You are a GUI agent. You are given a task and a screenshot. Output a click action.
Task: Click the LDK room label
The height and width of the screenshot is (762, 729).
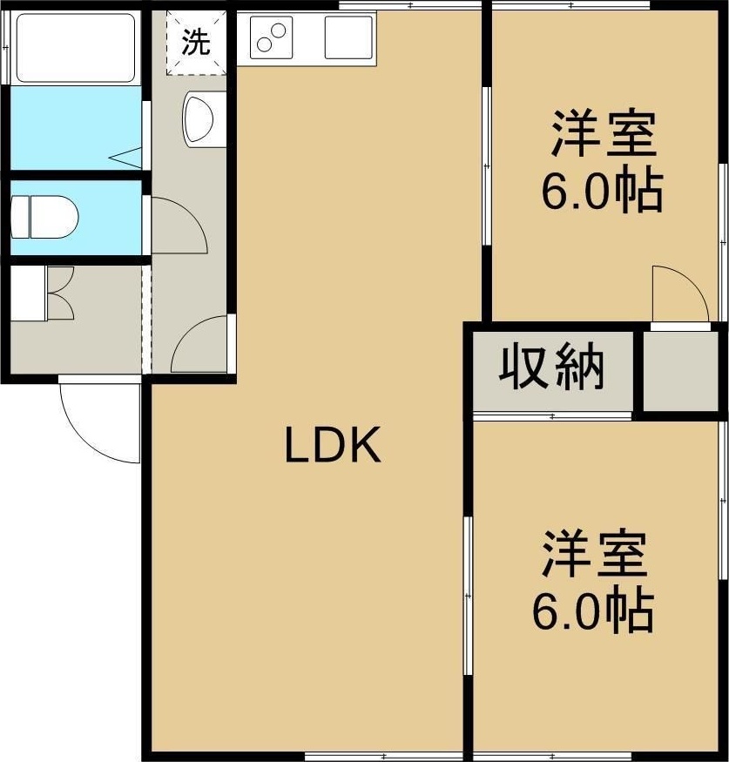point(333,444)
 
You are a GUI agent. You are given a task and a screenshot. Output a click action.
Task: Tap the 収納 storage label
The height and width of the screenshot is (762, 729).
point(551,368)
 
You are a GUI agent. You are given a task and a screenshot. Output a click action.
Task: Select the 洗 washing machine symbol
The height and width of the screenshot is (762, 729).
point(196,43)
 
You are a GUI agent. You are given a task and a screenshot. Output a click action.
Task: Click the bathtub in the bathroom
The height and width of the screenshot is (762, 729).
point(75,48)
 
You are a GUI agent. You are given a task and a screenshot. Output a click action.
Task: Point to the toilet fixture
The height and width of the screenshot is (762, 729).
point(44,217)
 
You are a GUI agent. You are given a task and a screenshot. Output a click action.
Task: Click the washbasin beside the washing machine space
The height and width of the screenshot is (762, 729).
point(199,119)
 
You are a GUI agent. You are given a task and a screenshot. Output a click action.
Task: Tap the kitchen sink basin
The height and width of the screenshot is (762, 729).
point(348,38)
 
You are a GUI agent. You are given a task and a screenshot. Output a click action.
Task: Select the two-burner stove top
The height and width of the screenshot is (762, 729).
point(271,38)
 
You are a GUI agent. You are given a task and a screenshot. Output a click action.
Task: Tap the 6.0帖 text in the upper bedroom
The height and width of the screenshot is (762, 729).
point(603,190)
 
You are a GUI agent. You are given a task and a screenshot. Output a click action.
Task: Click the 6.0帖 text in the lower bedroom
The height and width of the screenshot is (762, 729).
point(593,610)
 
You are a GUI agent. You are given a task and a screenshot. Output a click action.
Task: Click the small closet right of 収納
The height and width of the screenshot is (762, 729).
point(681,371)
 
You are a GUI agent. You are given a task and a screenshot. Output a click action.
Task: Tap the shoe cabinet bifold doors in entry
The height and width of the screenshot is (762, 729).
point(61,293)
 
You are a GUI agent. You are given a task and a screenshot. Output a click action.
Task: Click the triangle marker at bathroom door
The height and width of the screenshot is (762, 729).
point(125,158)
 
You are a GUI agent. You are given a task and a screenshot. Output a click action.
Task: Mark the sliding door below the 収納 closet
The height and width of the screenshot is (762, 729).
point(552,416)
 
